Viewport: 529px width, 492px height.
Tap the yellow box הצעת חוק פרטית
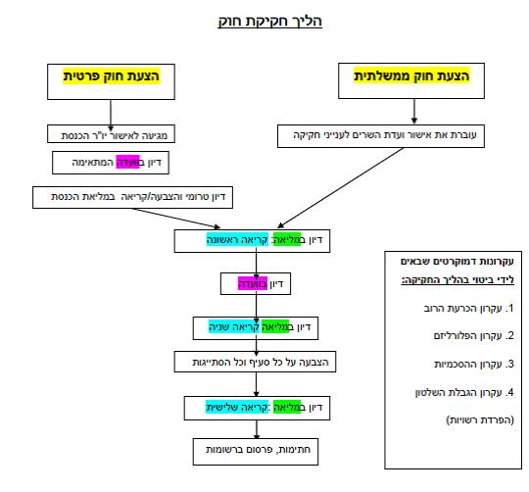point(111,80)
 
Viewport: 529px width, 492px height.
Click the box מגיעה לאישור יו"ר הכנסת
point(111,134)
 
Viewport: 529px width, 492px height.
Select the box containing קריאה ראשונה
point(254,240)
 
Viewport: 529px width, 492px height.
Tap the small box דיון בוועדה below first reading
point(254,284)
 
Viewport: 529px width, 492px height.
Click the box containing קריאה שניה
point(254,327)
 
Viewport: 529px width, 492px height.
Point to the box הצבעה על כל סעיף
point(254,363)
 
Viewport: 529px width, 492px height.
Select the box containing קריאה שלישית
point(254,407)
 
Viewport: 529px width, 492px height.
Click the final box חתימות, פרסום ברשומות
point(254,449)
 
